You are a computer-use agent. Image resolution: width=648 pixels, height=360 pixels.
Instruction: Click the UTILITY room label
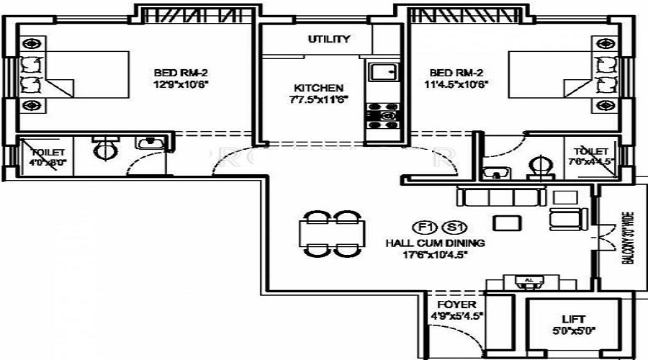pyautogui.click(x=329, y=39)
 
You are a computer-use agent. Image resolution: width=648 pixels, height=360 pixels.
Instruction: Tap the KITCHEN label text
pyautogui.click(x=318, y=87)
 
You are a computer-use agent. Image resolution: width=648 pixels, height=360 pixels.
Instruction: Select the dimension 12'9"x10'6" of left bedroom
pyautogui.click(x=180, y=84)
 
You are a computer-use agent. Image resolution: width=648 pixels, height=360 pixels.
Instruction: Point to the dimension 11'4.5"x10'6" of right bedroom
pyautogui.click(x=459, y=84)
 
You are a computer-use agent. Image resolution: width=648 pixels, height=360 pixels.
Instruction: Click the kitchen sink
pyautogui.click(x=382, y=72)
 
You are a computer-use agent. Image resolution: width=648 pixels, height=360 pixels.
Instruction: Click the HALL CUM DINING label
pyautogui.click(x=435, y=243)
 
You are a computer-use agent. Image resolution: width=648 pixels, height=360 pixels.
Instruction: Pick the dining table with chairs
pyautogui.click(x=329, y=233)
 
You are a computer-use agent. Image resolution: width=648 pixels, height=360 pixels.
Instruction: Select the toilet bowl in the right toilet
pyautogui.click(x=541, y=167)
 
